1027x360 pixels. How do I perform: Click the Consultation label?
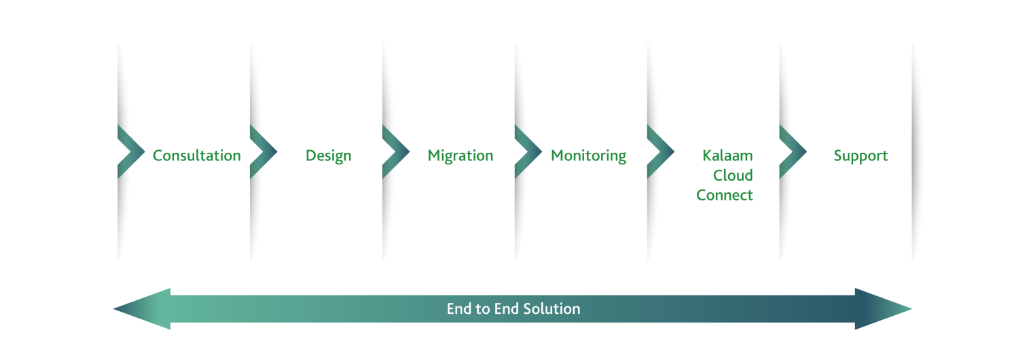[x=196, y=156]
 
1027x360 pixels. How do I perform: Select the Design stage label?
[x=329, y=156]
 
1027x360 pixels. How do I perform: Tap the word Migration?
[x=461, y=156]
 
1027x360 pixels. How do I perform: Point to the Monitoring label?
[x=588, y=156]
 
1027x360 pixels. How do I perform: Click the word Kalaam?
[x=727, y=156]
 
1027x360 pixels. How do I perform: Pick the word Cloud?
[x=733, y=175]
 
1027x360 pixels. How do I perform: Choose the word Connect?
[x=725, y=195]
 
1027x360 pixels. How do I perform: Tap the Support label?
[x=861, y=156]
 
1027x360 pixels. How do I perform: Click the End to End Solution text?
[x=513, y=309]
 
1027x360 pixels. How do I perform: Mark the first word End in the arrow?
[x=459, y=309]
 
